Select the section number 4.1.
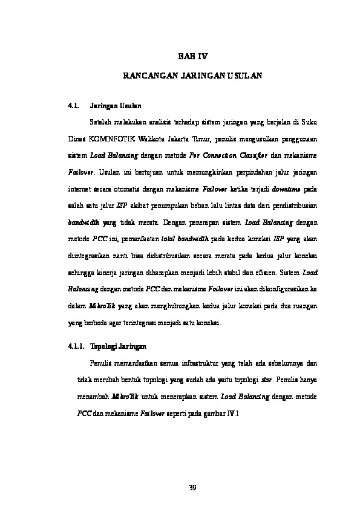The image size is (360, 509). [x=74, y=105]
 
